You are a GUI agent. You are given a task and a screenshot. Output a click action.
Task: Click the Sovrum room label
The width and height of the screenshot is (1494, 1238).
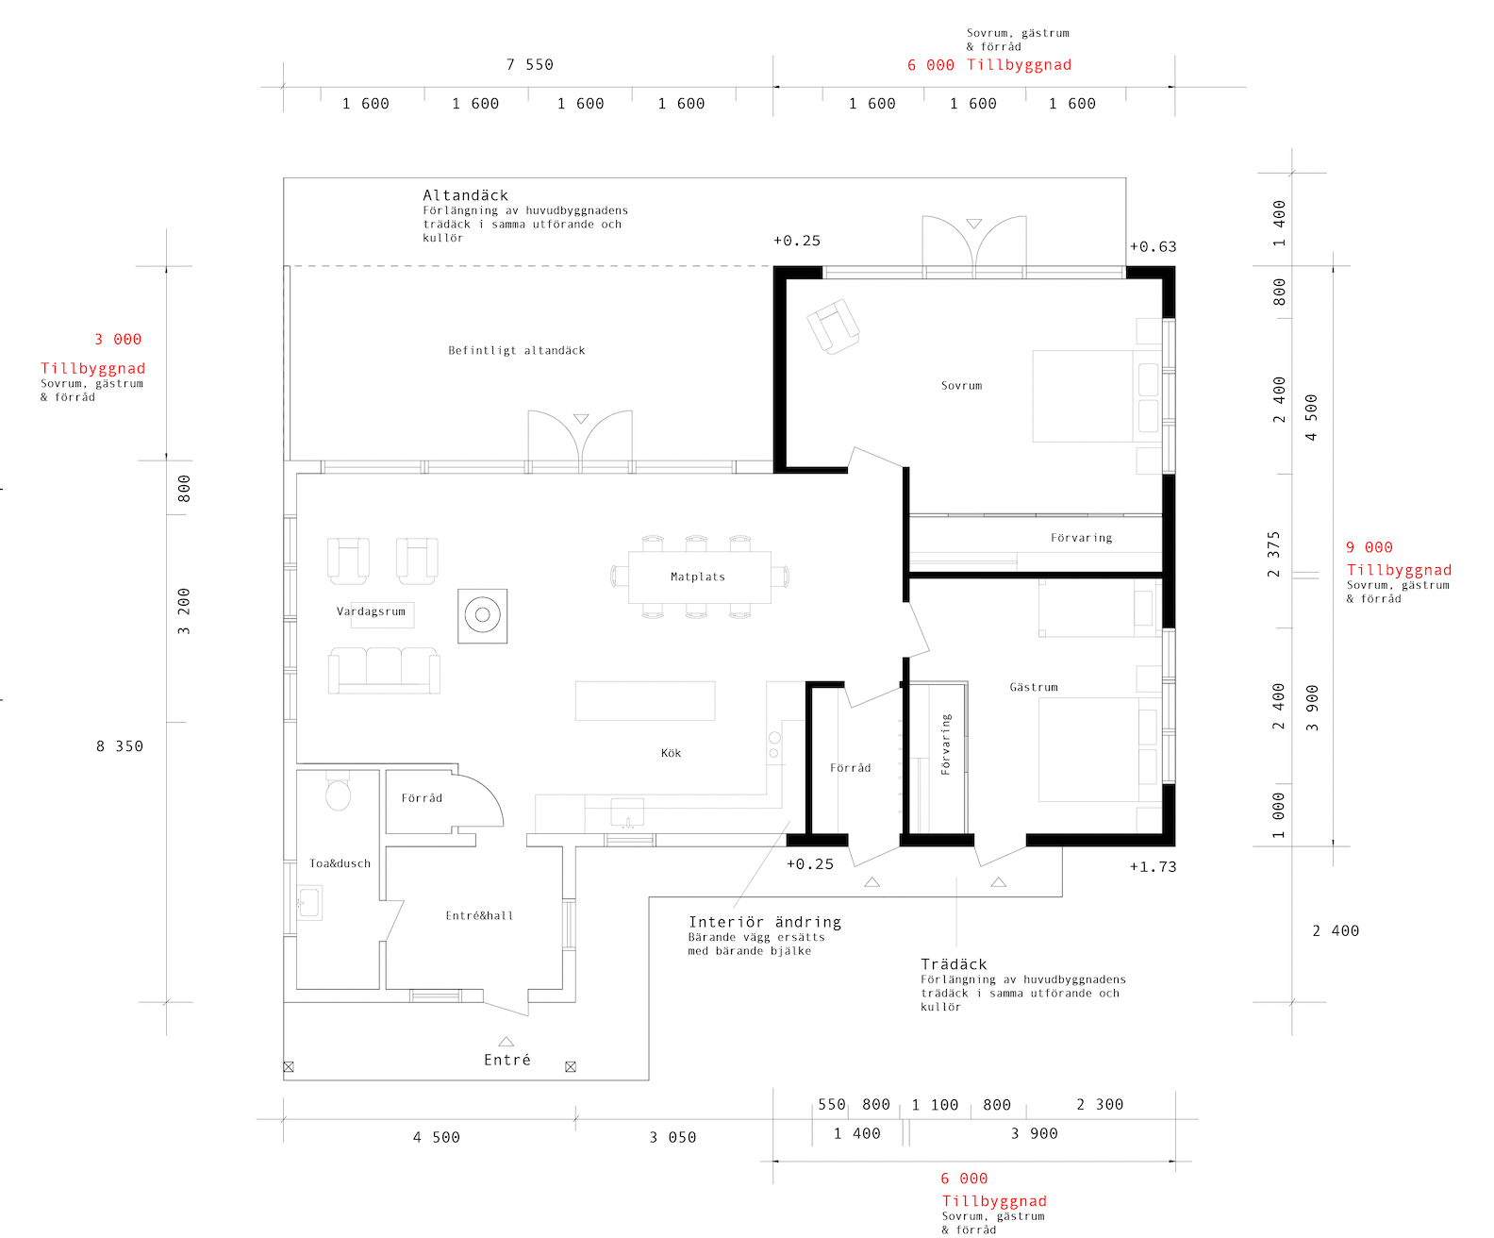pos(961,386)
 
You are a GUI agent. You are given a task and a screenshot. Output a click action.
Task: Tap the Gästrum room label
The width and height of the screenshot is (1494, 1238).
pos(1033,687)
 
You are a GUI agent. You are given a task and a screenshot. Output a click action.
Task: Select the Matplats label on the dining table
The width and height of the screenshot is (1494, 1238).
pos(698,577)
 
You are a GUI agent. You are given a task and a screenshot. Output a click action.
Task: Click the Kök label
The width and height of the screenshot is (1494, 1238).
pos(671,753)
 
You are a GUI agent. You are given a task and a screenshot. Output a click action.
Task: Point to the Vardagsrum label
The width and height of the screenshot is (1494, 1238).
pos(371,611)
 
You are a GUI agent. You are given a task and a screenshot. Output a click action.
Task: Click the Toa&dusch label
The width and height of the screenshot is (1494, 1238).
pos(340,863)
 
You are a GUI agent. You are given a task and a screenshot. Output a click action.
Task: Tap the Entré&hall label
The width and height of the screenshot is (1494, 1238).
pos(479,916)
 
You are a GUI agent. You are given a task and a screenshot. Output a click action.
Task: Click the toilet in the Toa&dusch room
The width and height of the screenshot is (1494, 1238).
pos(338,791)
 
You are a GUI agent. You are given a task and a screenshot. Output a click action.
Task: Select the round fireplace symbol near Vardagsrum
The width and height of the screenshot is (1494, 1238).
pos(482,615)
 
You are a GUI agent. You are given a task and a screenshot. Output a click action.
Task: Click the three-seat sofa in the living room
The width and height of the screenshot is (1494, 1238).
pos(384,671)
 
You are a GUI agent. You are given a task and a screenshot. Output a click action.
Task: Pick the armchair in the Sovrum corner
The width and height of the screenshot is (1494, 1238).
pos(833,326)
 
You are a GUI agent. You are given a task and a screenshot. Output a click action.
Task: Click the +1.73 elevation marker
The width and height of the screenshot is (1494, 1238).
pos(1153,867)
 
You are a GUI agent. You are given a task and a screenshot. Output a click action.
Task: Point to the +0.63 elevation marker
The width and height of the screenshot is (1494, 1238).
pos(1153,247)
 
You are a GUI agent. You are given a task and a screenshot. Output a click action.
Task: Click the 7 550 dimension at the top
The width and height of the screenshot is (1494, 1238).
pos(529,65)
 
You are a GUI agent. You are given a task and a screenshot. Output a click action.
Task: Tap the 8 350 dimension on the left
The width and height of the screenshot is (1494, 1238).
pos(120,746)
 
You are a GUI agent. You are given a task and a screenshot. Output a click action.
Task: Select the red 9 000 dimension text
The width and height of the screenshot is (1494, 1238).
pos(1369,547)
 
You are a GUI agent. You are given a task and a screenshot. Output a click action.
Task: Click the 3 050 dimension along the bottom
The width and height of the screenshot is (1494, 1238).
pos(672,1138)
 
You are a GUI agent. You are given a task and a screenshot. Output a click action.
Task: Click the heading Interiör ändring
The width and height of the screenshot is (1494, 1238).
pos(765,922)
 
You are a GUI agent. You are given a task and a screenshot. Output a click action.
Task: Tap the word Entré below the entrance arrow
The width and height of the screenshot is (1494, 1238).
pos(507,1060)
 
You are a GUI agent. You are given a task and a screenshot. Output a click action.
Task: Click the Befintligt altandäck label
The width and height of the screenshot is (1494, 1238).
pos(517,351)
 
